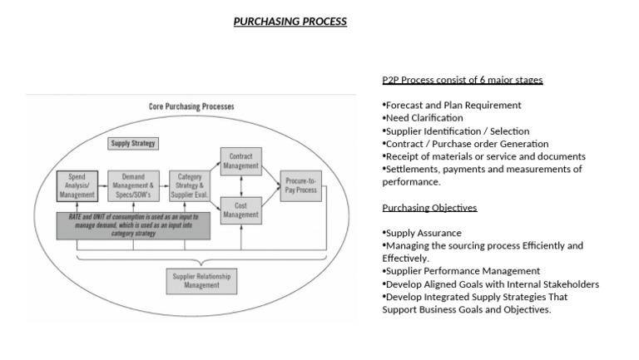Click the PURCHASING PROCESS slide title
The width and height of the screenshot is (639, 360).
pos(290,22)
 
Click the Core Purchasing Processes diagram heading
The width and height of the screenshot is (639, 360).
pos(191,107)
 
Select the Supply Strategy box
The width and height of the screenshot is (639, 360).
pos(133,143)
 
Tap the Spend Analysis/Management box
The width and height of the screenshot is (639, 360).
pos(77,186)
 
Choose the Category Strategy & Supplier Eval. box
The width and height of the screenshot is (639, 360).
pos(191,186)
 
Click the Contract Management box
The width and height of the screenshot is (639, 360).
pos(240,160)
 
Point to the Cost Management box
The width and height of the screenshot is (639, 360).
pos(240,210)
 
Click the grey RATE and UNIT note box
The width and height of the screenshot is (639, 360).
pos(133,225)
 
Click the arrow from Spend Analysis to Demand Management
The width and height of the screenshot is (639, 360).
pos(103,186)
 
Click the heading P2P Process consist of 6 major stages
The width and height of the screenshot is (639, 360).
pos(463,80)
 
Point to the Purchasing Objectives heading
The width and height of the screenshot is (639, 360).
pos(429,207)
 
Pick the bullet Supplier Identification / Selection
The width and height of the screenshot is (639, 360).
pos(455,131)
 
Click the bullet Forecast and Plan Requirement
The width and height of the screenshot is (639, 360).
pos(452,106)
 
